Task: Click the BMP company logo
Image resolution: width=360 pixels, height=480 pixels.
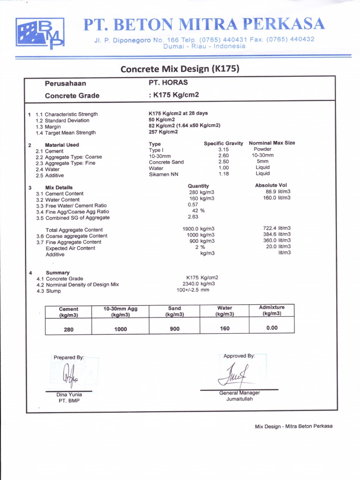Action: [40, 34]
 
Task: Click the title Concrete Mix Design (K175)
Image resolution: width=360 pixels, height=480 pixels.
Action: [180, 69]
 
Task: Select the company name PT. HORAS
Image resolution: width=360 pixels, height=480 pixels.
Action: [168, 82]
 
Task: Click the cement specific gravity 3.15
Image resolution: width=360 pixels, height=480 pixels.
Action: [223, 150]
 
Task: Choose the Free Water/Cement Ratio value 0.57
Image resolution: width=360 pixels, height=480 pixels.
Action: [193, 204]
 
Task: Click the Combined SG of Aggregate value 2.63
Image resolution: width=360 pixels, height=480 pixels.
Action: [193, 217]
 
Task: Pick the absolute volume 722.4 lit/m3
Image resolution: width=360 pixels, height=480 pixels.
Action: [277, 228]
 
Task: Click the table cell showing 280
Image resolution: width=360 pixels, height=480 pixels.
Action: [69, 330]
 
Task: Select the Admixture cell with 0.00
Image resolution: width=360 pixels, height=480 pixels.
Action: [272, 328]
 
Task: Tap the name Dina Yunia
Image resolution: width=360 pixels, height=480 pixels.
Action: [69, 395]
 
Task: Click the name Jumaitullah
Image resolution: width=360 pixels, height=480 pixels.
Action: [240, 399]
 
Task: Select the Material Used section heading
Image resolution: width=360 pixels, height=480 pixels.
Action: [62, 145]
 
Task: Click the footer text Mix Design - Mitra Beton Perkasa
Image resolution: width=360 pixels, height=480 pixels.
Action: [293, 426]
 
